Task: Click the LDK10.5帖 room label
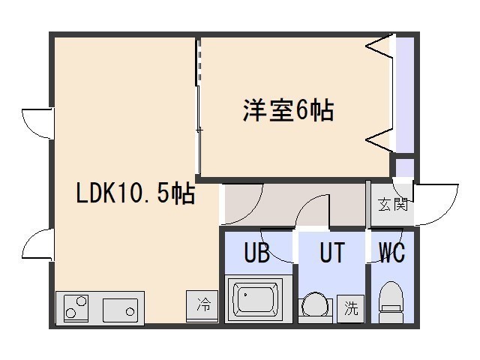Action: pos(135,195)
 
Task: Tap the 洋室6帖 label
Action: pos(288,111)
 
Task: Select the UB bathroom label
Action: pos(256,253)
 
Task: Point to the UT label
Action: pos(331,253)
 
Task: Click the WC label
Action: pos(391,253)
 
